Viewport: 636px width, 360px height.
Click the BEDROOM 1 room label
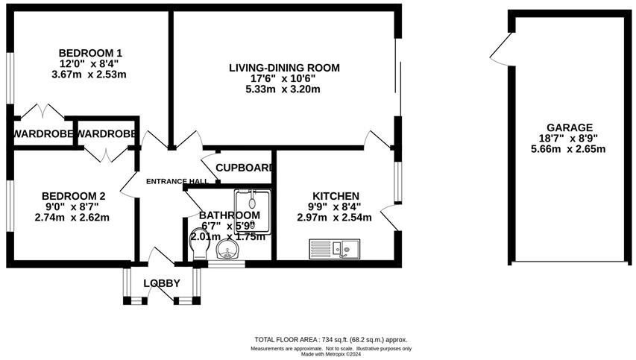pos(90,53)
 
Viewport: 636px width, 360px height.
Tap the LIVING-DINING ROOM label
pos(284,68)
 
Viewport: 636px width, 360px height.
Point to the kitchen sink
pos(335,248)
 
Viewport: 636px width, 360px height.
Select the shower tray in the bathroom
pos(252,212)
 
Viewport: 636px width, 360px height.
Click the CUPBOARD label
pos(244,168)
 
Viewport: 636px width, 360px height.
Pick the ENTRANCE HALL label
pos(177,181)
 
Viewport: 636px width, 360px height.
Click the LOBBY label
pos(162,283)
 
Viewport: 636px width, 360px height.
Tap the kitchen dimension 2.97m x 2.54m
pos(334,218)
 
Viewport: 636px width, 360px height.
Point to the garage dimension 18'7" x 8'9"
pos(569,138)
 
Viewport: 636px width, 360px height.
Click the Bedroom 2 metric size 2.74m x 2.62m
pos(72,218)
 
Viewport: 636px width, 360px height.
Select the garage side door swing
pos(501,48)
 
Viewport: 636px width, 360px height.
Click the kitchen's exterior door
pos(389,217)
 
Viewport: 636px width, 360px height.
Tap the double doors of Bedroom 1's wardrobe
pos(42,112)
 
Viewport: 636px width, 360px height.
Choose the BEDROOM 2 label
pos(73,196)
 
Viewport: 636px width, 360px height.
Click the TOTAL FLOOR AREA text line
pos(331,340)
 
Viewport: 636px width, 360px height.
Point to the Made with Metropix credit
pos(331,354)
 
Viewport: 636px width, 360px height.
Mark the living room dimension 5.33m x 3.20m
pos(283,89)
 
